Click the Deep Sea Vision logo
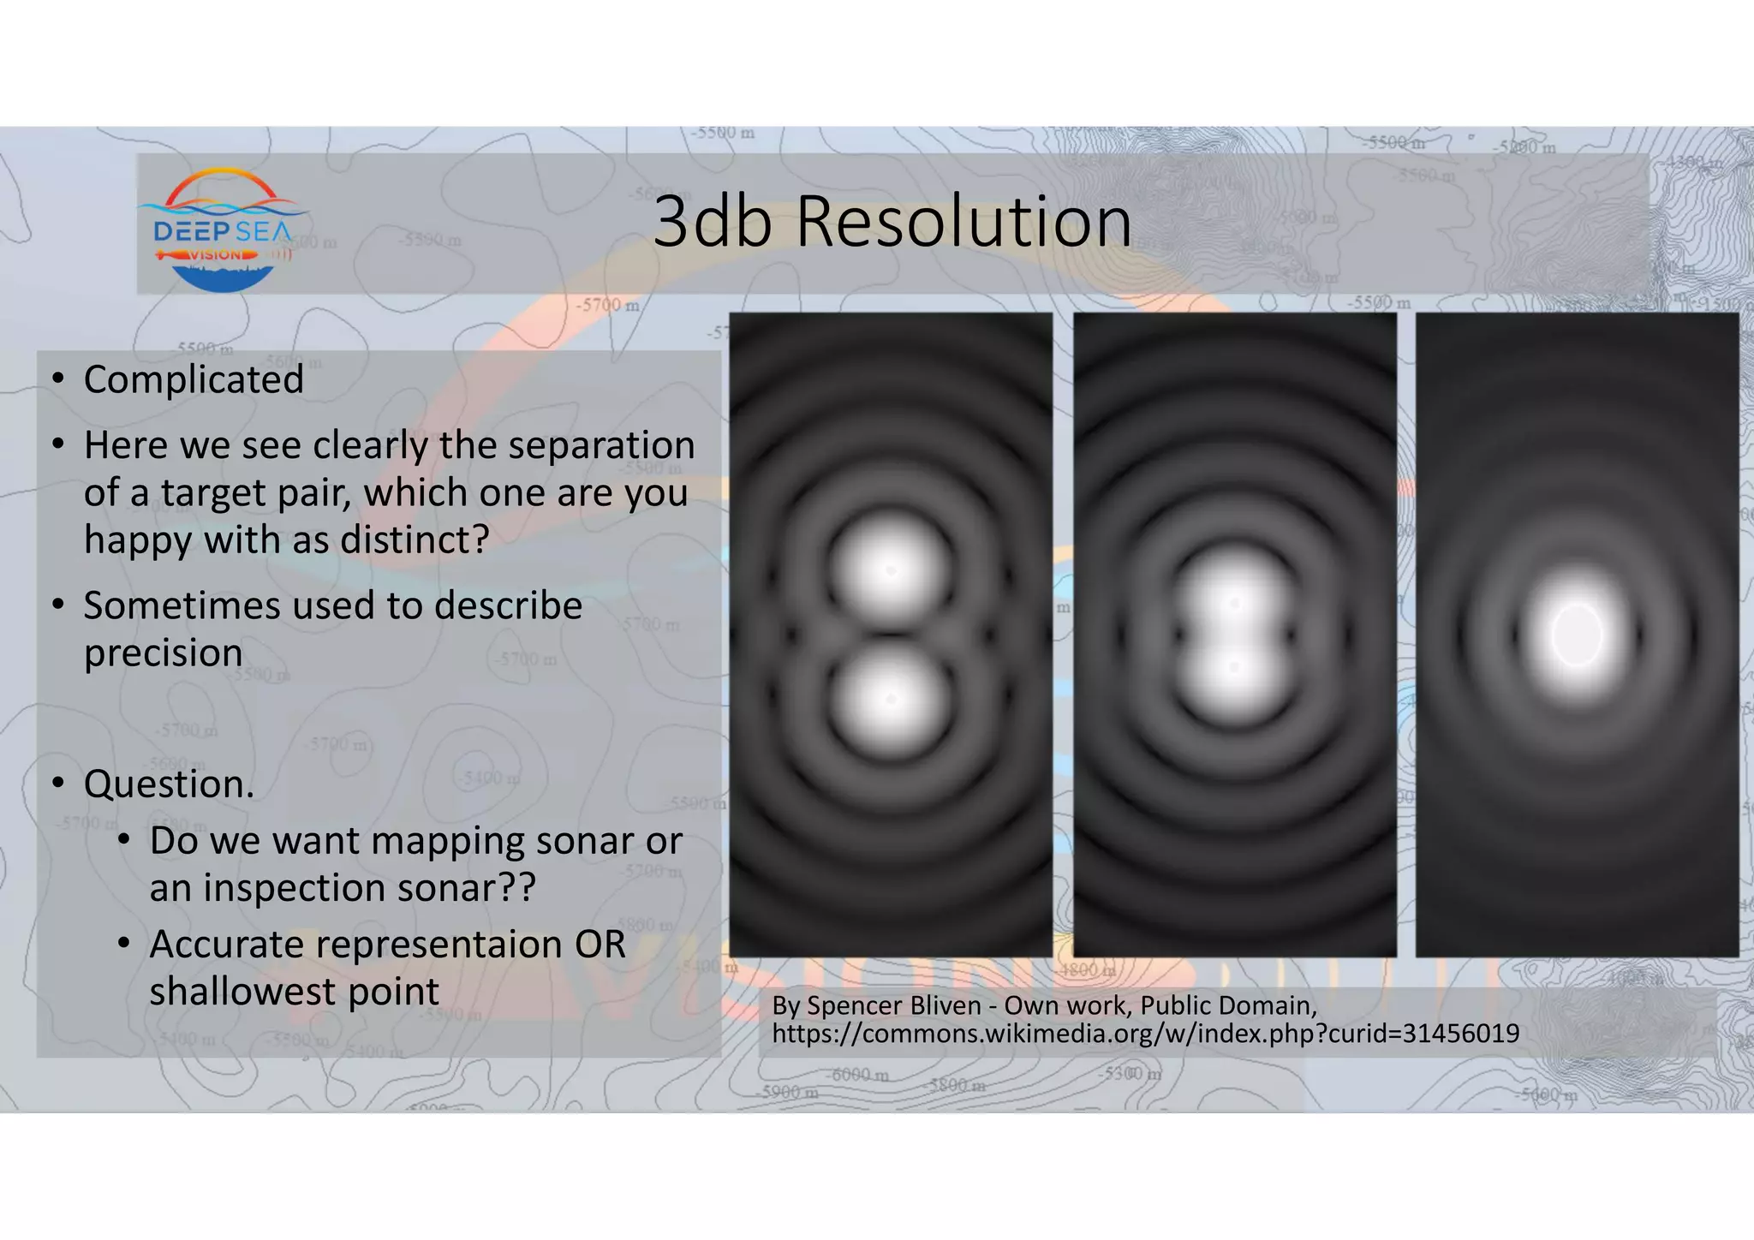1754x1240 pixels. [x=222, y=230]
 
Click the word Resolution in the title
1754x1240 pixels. [x=964, y=223]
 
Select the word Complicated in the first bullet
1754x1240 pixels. [x=194, y=379]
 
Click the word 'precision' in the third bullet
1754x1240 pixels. [x=163, y=653]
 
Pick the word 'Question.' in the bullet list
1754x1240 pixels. [x=169, y=784]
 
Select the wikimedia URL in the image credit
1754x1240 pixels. [x=1145, y=1034]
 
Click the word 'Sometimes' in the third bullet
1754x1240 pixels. [x=182, y=605]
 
